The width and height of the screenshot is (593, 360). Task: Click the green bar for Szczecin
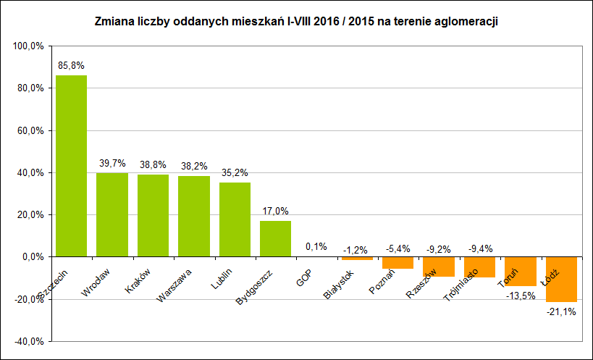click(71, 166)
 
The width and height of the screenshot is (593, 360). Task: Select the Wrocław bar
click(112, 214)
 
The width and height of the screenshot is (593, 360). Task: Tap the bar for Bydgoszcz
click(275, 238)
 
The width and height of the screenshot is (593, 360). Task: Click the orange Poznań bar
click(398, 263)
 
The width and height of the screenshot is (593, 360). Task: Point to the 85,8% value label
click(71, 65)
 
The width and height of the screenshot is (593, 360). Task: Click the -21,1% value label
click(561, 312)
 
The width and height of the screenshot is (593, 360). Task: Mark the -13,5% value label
click(520, 296)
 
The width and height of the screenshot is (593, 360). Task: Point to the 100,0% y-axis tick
click(28, 46)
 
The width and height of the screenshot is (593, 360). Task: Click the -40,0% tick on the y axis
click(28, 341)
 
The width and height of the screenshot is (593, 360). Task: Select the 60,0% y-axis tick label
click(30, 130)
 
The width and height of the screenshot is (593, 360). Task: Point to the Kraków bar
click(153, 215)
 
